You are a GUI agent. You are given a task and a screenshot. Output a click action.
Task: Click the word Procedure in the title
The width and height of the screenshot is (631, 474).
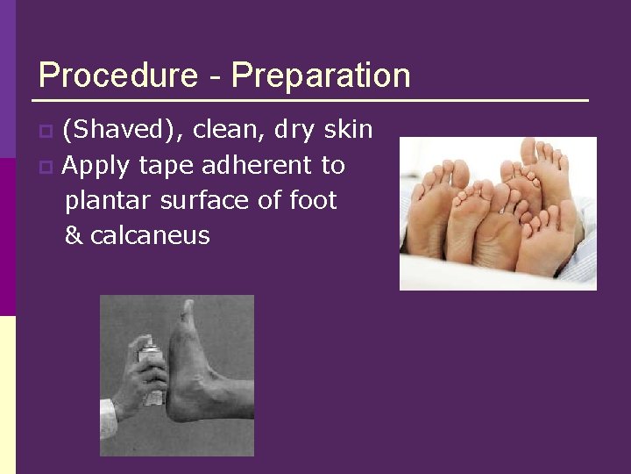(118, 75)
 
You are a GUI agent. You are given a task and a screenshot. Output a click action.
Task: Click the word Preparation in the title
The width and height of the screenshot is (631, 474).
(321, 75)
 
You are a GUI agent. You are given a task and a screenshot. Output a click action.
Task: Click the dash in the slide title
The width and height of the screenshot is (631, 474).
(215, 77)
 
